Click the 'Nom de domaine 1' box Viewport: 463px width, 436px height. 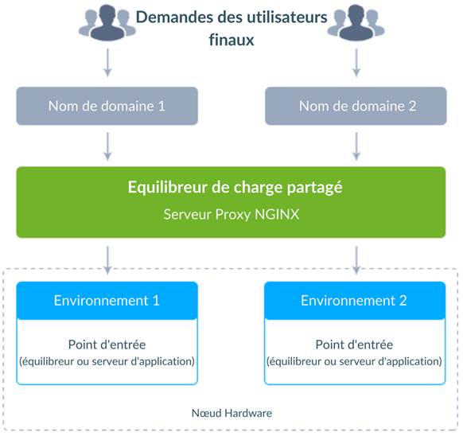pyautogui.click(x=107, y=106)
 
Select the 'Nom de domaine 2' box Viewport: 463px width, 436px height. pyautogui.click(x=356, y=106)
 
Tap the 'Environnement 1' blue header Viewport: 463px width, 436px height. pyautogui.click(x=107, y=301)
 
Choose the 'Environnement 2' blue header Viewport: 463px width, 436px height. pyautogui.click(x=355, y=301)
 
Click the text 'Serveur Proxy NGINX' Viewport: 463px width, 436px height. pyautogui.click(x=231, y=215)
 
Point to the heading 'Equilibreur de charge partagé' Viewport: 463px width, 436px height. pyautogui.click(x=235, y=188)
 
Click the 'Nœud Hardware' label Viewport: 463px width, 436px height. pyautogui.click(x=231, y=413)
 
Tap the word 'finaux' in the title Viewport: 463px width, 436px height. pyautogui.click(x=231, y=40)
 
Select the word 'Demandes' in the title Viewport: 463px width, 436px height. pyautogui.click(x=175, y=18)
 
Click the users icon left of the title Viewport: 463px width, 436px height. pyautogui.click(x=107, y=22)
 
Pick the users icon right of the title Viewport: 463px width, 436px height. pyautogui.click(x=356, y=22)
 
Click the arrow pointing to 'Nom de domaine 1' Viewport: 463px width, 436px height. pyautogui.click(x=107, y=63)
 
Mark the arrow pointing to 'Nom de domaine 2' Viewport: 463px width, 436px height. pyautogui.click(x=356, y=63)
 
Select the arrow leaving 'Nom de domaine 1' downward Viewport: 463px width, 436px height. pyautogui.click(x=107, y=146)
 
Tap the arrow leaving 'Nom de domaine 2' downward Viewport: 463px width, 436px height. pyautogui.click(x=356, y=146)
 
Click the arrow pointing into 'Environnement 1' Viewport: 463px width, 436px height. pyautogui.click(x=107, y=260)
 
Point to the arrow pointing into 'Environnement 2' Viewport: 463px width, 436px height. pyautogui.click(x=356, y=260)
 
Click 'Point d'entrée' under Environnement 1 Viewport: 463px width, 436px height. pyautogui.click(x=107, y=345)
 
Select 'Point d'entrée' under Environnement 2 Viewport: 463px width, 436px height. pyautogui.click(x=354, y=345)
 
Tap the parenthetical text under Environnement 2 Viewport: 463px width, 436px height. pyautogui.click(x=354, y=361)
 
